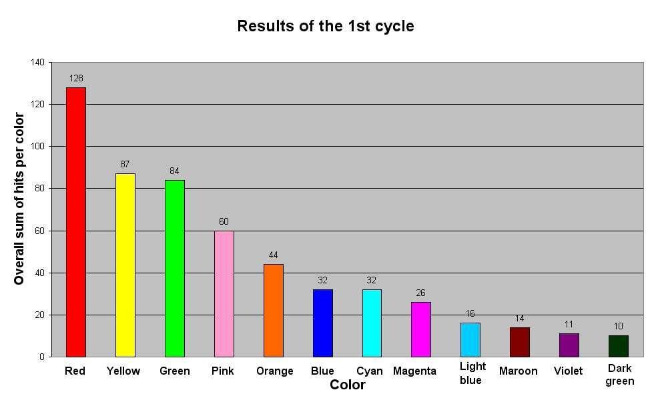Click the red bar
tap(76, 222)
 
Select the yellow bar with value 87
tap(125, 265)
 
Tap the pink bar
tap(224, 293)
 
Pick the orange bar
tap(274, 310)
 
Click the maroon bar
tap(520, 342)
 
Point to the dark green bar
tap(619, 346)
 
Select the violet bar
tap(569, 345)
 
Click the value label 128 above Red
tap(76, 78)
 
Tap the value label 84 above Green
tap(174, 171)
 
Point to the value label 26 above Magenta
tap(420, 293)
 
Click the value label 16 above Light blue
tap(470, 313)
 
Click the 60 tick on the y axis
tap(39, 231)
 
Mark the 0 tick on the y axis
tap(42, 357)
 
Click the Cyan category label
tap(370, 371)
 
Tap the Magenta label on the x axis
tap(414, 371)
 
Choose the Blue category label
tap(322, 371)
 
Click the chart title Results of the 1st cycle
tap(326, 27)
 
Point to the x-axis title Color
tap(348, 385)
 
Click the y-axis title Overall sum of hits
tap(19, 199)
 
